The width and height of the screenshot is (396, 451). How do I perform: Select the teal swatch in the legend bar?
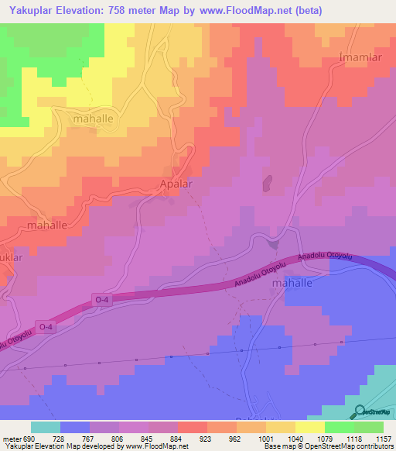(x=46, y=427)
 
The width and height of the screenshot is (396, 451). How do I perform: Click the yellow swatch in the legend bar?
(x=310, y=427)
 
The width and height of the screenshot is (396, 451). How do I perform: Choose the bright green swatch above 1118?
(x=340, y=427)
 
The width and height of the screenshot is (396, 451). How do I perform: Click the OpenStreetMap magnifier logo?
(x=359, y=412)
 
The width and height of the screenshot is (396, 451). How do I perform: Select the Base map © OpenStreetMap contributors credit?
(x=328, y=446)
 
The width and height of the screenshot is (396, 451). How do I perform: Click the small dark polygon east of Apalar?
(x=268, y=184)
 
